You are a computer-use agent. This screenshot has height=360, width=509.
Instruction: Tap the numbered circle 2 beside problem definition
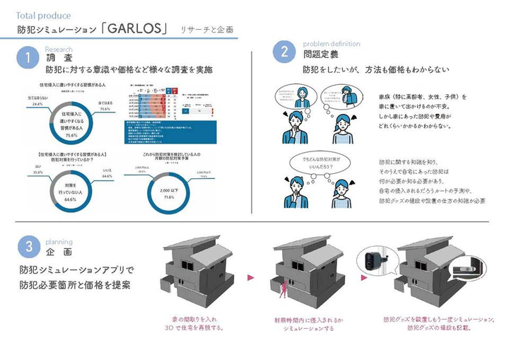[283, 52]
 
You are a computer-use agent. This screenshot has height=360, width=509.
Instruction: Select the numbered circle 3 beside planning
[27, 246]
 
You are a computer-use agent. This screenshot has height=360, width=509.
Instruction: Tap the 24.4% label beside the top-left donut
[36, 103]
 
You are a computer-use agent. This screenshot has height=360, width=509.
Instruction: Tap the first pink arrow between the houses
[249, 278]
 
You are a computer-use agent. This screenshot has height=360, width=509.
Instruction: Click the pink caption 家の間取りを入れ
[193, 320]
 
